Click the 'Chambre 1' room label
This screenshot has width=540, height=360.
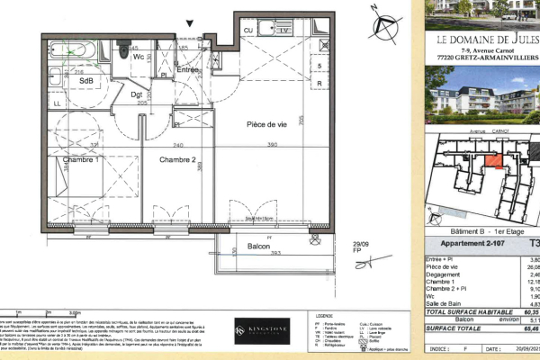tap(80, 159)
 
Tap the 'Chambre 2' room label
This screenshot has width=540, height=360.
tap(177, 159)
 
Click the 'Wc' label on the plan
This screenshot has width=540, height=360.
tap(139, 57)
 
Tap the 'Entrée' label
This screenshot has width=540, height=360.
tap(187, 70)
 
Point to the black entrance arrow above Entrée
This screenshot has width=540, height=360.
tap(189, 25)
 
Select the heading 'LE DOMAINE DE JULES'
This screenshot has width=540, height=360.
tap(486, 40)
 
